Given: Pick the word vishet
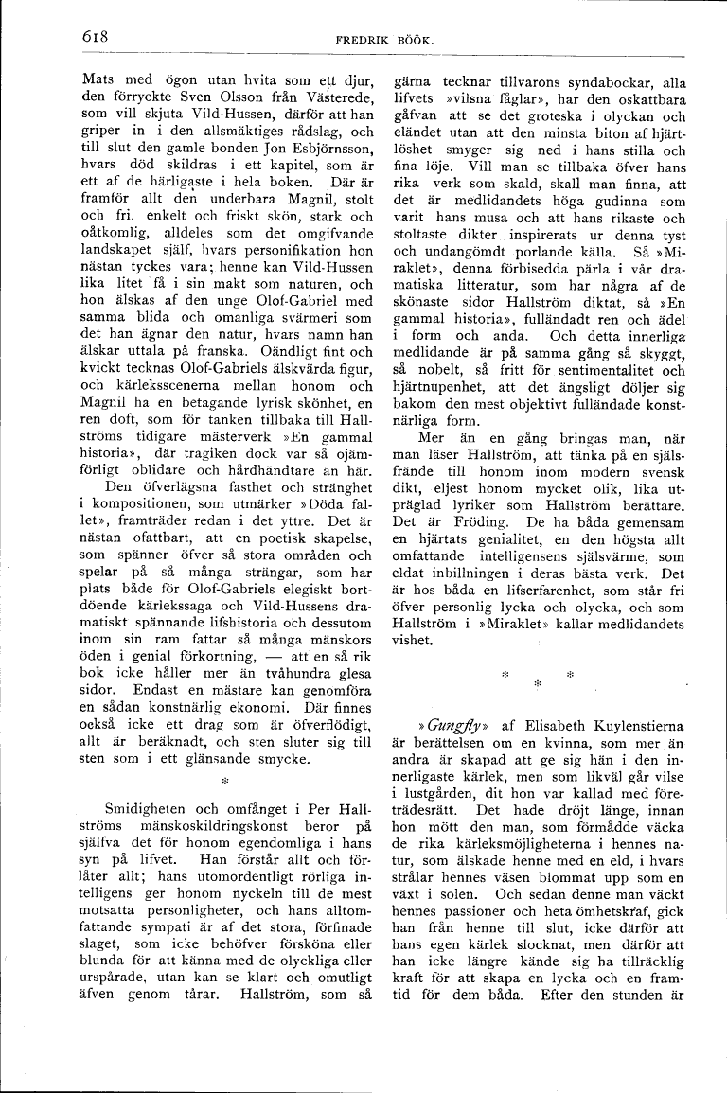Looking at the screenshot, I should pyautogui.click(x=413, y=640).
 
